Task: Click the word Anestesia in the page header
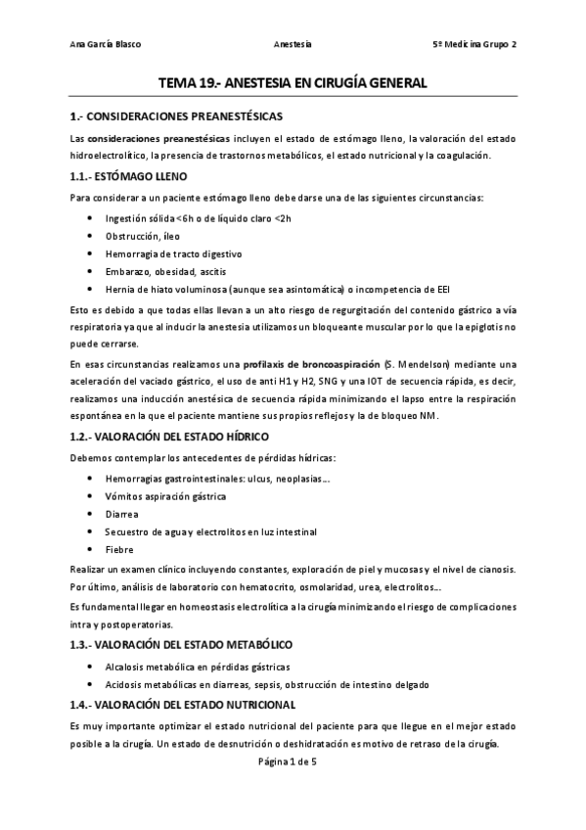tap(293, 45)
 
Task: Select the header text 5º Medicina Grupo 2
tap(474, 45)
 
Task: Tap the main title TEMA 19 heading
tap(293, 84)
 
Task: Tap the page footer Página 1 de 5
tap(293, 761)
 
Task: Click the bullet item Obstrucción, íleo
tap(143, 236)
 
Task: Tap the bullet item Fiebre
tap(119, 549)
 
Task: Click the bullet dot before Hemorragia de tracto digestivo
tap(91, 254)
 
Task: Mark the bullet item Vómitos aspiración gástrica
tap(165, 496)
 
